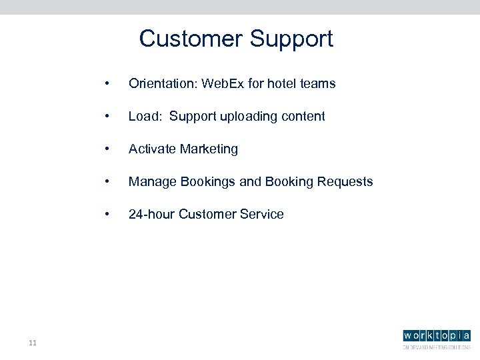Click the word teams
[318, 84]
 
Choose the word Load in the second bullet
[143, 117]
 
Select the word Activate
[153, 149]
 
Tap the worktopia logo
[436, 338]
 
